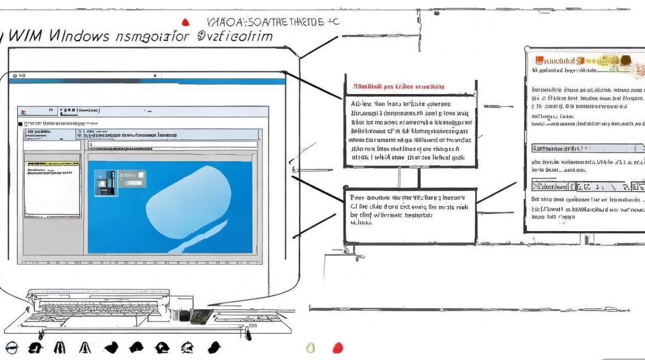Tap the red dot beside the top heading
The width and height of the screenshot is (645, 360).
(186, 22)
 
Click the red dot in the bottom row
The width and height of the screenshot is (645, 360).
(338, 347)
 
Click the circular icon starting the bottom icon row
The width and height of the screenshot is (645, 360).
(11, 347)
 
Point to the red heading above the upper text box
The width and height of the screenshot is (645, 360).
(398, 87)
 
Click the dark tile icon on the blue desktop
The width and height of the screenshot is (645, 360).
(103, 182)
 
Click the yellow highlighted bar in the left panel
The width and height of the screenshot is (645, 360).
(52, 164)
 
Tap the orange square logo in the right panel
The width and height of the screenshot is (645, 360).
(538, 60)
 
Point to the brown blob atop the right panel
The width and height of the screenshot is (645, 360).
(625, 60)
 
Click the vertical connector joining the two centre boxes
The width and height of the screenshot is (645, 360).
(419, 178)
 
